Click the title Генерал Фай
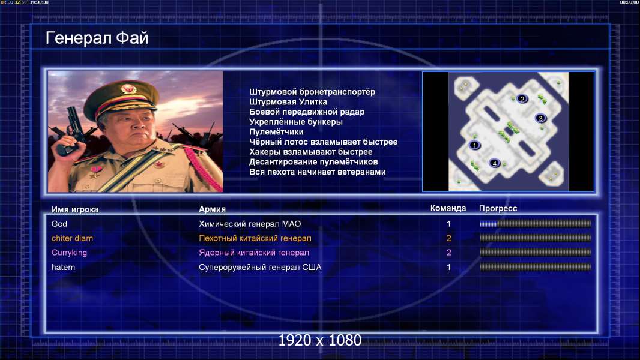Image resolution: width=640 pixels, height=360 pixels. (97, 38)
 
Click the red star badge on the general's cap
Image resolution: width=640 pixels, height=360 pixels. (128, 88)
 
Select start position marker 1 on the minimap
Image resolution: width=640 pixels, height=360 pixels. (474, 145)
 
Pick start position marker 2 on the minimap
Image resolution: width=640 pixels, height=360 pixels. (522, 98)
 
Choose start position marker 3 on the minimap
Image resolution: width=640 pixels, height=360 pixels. (540, 118)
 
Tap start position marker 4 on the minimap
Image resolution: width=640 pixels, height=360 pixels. (494, 163)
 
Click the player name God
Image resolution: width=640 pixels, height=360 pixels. (59, 224)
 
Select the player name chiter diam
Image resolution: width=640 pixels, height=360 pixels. (72, 238)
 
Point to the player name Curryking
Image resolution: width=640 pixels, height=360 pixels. (70, 253)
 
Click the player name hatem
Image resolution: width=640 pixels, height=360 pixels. (63, 267)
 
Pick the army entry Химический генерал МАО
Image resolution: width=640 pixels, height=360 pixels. (250, 224)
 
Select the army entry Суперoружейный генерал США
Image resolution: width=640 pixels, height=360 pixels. (260, 268)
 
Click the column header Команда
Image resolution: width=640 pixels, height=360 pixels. (448, 208)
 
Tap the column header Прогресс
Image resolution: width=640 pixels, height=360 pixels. (498, 209)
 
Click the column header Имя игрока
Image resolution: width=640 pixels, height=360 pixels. (74, 209)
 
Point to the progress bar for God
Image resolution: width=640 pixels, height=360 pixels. (536, 224)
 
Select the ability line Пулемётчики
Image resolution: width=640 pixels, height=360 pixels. (276, 131)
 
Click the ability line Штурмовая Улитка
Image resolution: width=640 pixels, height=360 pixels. (288, 102)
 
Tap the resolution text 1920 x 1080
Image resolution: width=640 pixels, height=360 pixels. (320, 340)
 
